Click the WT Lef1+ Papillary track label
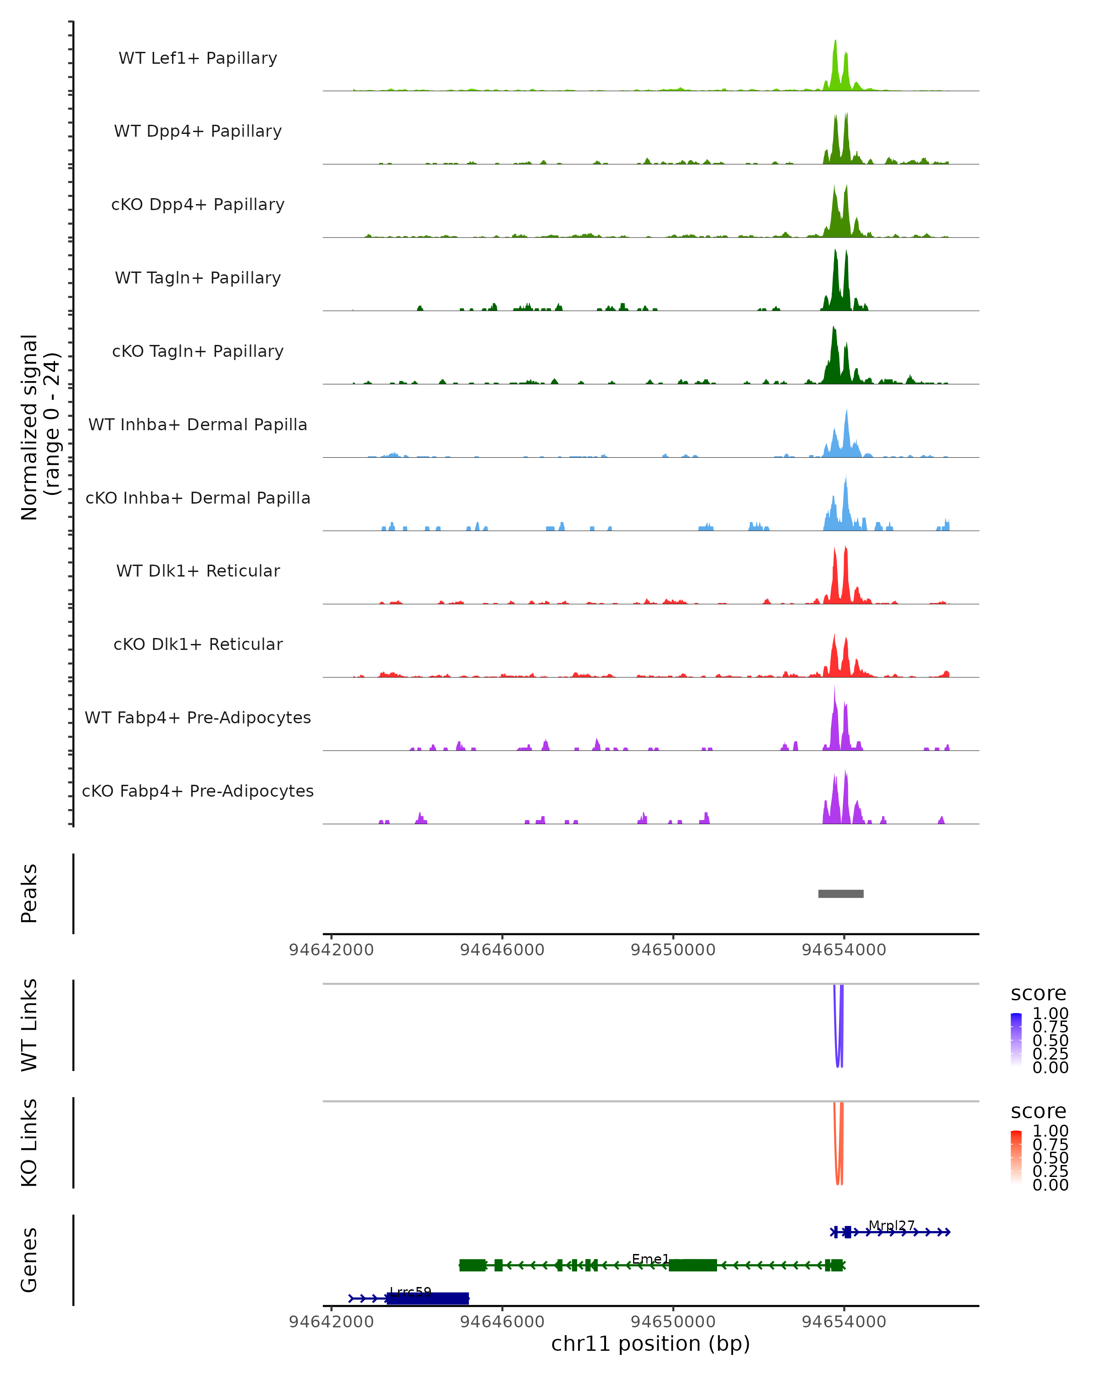point(198,58)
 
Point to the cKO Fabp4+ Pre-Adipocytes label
point(198,791)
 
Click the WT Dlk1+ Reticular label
point(198,571)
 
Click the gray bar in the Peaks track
point(840,893)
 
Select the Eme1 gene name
point(651,1259)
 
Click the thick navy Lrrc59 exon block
point(428,1298)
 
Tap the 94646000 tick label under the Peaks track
point(502,950)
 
